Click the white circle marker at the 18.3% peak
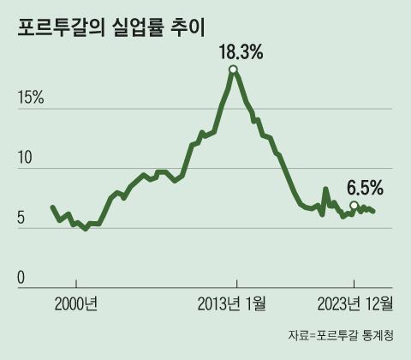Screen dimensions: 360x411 [233, 69]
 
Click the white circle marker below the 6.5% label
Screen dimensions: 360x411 [354, 205]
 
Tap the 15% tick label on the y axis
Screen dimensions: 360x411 [31, 99]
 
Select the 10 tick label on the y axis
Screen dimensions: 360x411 [25, 159]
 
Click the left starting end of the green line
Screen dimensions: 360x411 [52, 207]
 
